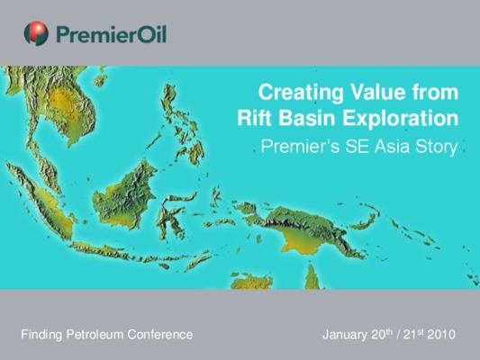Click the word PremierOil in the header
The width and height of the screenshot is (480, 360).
(x=112, y=34)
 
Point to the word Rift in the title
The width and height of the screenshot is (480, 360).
(x=255, y=118)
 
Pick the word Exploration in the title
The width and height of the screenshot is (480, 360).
(x=401, y=119)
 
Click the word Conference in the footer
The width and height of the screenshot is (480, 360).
(x=160, y=334)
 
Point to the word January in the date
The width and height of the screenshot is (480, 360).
(x=345, y=335)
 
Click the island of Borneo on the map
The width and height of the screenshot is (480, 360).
(x=124, y=196)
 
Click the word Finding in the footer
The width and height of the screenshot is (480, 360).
(x=41, y=335)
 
